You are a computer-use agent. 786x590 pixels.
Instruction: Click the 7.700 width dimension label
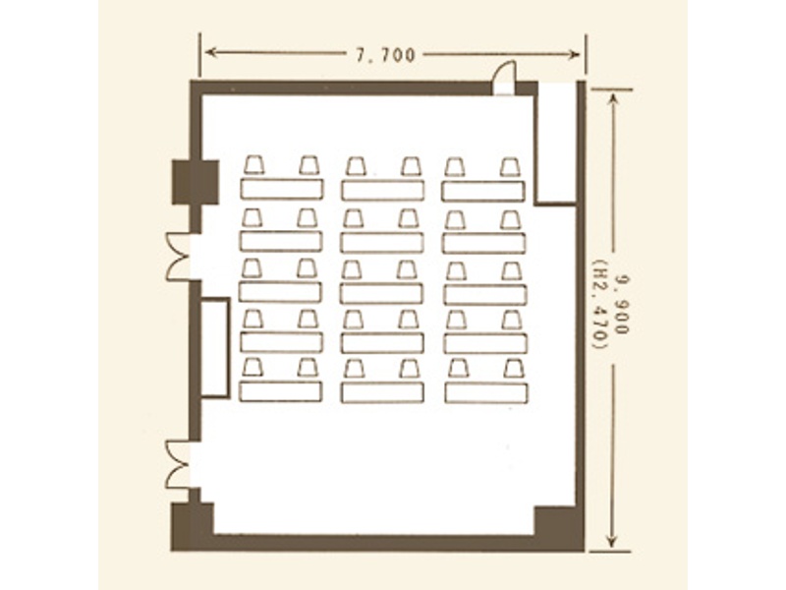[x=385, y=55]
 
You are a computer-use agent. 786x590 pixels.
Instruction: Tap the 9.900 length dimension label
[x=623, y=304]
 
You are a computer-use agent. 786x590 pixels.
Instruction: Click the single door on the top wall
[x=504, y=78]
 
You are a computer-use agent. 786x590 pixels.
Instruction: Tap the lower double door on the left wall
[x=179, y=464]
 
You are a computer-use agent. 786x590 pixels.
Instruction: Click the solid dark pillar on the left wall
[x=195, y=182]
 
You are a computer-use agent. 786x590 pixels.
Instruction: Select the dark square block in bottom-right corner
[x=555, y=522]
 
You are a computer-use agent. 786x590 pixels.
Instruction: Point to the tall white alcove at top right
[x=556, y=143]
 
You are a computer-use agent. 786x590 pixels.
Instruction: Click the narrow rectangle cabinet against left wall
[x=215, y=348]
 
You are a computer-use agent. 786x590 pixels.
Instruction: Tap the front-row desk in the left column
[x=280, y=391]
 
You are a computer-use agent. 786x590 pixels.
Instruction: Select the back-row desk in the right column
[x=482, y=191]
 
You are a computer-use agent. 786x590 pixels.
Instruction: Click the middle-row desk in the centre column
[x=381, y=293]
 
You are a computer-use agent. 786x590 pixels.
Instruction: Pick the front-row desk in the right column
[x=485, y=392]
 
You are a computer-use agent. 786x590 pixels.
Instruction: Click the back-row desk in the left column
[x=282, y=189]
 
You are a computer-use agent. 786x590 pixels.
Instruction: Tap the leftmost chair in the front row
[x=253, y=368]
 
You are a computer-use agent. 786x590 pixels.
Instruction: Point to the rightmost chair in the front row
[x=514, y=369]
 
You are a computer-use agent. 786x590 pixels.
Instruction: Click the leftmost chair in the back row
[x=254, y=165]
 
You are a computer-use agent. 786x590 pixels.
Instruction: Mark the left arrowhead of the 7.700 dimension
[x=210, y=52]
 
